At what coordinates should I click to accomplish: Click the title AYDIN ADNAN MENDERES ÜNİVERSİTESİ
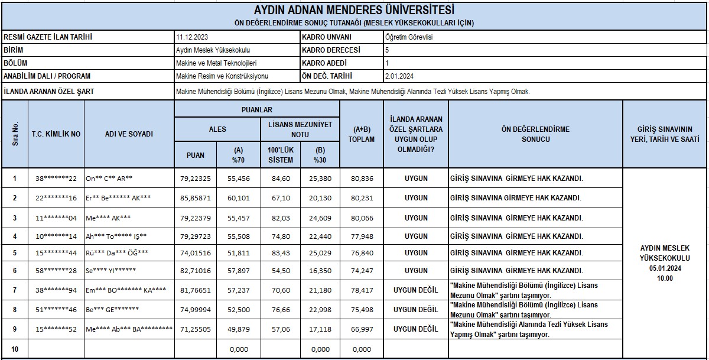(x=354, y=11)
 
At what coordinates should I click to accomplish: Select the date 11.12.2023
(x=188, y=37)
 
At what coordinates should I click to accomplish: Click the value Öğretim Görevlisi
(x=412, y=37)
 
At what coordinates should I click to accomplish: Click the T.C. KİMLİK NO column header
(x=56, y=134)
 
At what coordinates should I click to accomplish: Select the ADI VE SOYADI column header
(x=129, y=134)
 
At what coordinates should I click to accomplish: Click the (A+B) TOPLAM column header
(x=361, y=134)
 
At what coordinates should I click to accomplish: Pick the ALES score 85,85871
(x=195, y=198)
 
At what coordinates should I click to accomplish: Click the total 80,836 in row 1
(x=361, y=179)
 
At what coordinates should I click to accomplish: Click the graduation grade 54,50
(x=279, y=270)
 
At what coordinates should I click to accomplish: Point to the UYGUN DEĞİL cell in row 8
(x=415, y=310)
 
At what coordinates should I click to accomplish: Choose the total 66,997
(x=361, y=329)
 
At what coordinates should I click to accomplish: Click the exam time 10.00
(x=664, y=278)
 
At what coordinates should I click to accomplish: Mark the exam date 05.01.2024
(x=664, y=268)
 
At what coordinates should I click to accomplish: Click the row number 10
(x=15, y=349)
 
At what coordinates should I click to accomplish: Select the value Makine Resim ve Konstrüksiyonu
(x=222, y=76)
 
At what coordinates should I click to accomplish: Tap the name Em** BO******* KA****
(x=126, y=290)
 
